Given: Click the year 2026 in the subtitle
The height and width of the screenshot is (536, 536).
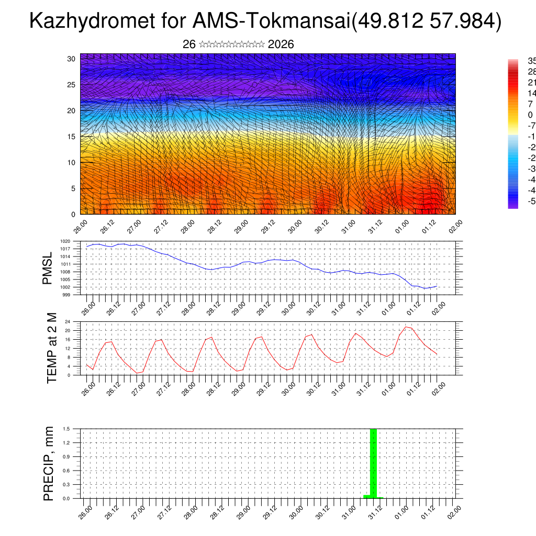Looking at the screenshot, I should (x=281, y=44).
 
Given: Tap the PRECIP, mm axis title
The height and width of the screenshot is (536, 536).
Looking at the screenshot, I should (x=48, y=464).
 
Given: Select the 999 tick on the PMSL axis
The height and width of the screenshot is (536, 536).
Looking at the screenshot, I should (x=66, y=295).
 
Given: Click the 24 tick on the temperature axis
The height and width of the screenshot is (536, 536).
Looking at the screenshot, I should (x=68, y=321).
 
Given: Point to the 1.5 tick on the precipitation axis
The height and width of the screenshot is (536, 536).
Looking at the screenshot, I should (x=66, y=429).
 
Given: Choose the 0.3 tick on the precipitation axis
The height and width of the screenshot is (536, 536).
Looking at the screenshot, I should (x=66, y=484).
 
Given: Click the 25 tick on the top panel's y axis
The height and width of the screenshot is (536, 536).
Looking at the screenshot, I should (x=71, y=84).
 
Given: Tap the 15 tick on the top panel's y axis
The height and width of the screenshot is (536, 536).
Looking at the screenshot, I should (x=71, y=137).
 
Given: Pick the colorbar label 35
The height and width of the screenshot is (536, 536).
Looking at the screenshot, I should (x=531, y=61).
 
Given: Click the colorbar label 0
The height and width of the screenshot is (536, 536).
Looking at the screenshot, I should (x=530, y=115).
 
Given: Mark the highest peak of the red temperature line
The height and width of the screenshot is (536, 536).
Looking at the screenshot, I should (x=406, y=327).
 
